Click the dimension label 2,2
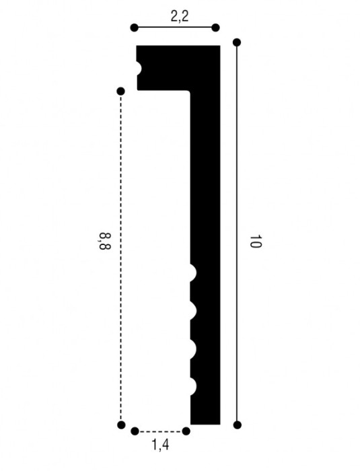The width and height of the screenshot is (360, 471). [180, 16]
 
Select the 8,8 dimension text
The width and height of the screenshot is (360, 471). [104, 241]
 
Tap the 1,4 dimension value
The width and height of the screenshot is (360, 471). [160, 445]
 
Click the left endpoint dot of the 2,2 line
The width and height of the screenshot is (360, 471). [135, 28]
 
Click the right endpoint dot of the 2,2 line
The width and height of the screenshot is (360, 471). [215, 28]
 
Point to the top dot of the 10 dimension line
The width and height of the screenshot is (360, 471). [237, 42]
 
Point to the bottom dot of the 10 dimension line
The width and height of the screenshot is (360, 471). [238, 425]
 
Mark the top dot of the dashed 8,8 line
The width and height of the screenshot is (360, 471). [121, 91]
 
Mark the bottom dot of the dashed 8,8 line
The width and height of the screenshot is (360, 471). [121, 425]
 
